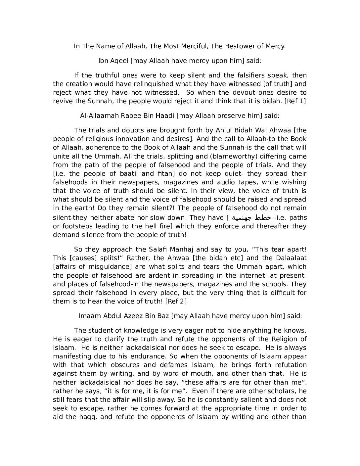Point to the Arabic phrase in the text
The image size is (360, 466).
coord(252,217)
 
